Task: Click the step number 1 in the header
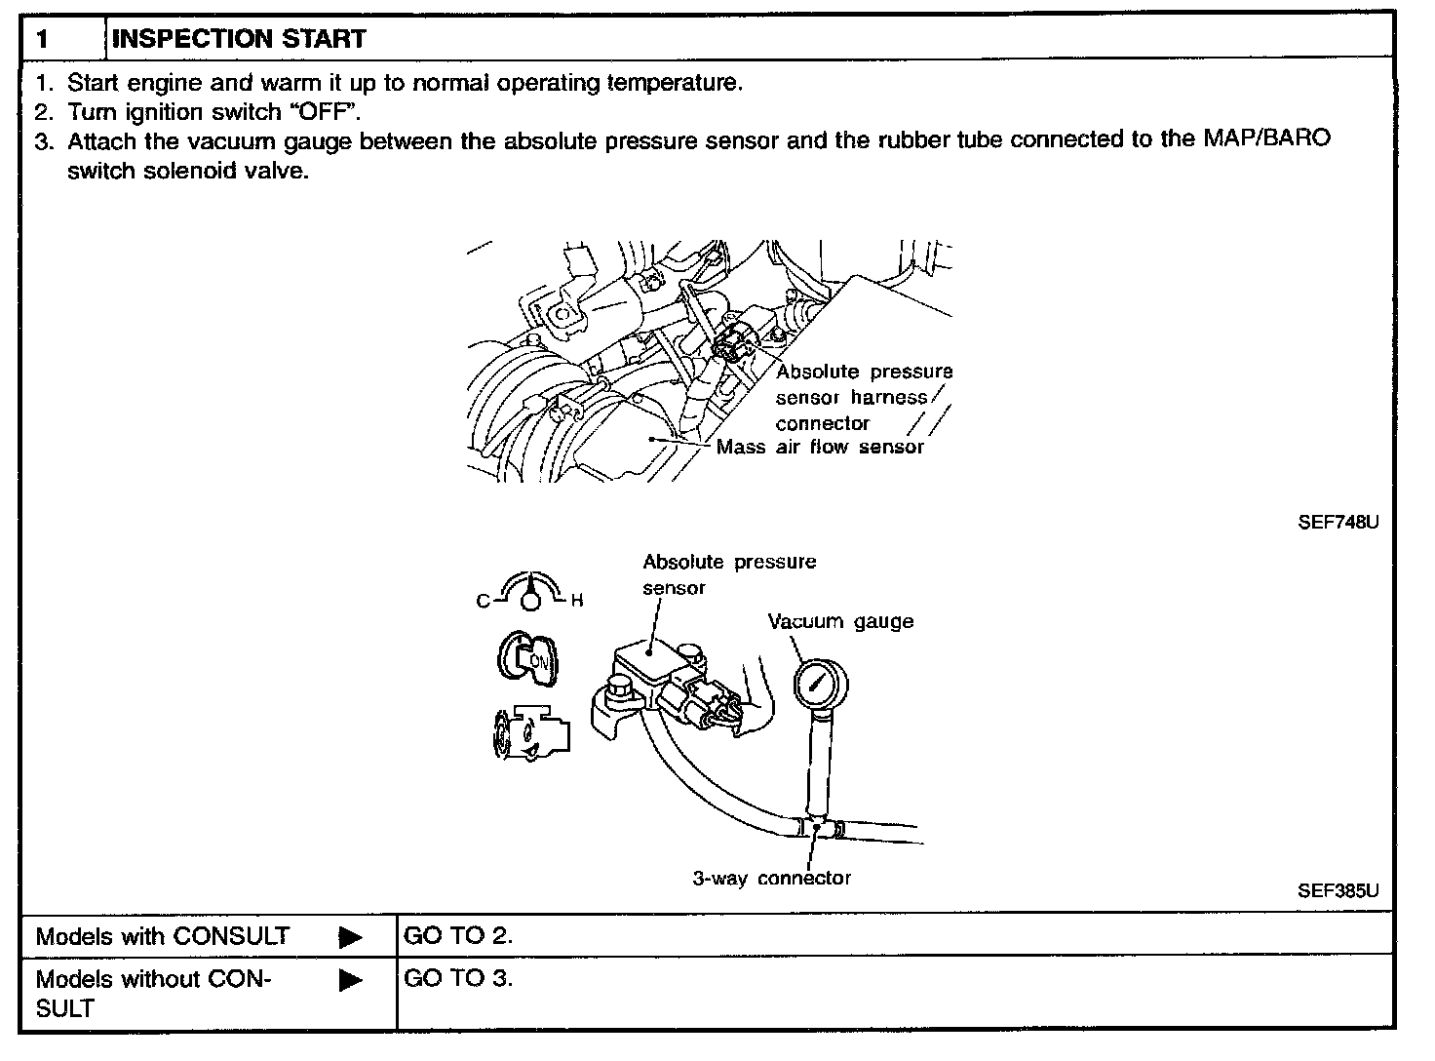[42, 40]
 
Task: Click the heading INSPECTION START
[239, 39]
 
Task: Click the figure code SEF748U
[1338, 522]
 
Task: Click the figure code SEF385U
[1338, 890]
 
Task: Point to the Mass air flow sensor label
[819, 448]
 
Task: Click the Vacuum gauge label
[840, 621]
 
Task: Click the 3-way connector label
[771, 878]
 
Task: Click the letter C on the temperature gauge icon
[483, 601]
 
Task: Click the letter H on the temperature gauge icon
[576, 601]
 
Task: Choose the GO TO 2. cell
[458, 936]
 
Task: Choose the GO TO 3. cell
[458, 978]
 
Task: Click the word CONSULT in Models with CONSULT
[230, 936]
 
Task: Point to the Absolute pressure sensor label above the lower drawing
[728, 574]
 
